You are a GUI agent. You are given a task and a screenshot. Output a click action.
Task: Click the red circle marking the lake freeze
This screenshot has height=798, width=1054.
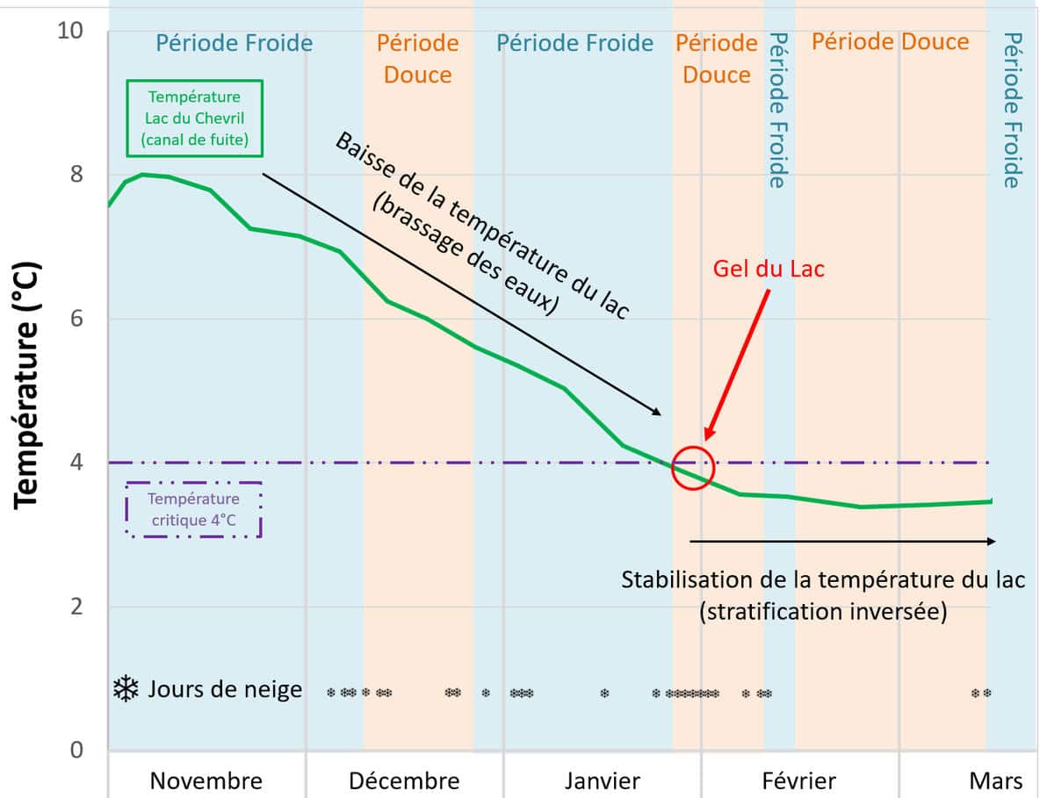pyautogui.click(x=693, y=467)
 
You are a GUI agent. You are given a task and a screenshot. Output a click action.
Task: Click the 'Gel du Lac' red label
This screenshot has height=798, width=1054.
pyautogui.click(x=769, y=268)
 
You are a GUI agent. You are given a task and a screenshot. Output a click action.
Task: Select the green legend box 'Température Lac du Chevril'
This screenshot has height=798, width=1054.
pyautogui.click(x=194, y=118)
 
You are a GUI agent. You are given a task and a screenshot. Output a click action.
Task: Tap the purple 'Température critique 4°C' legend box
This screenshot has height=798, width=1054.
pyautogui.click(x=194, y=510)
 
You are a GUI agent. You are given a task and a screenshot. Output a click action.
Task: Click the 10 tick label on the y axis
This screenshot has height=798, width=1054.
pyautogui.click(x=69, y=31)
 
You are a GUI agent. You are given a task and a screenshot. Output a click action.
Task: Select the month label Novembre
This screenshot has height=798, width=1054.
pyautogui.click(x=206, y=780)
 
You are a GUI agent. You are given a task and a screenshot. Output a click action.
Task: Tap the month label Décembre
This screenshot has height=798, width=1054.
pyautogui.click(x=404, y=780)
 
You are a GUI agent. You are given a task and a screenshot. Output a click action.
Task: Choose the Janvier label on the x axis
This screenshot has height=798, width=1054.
pyautogui.click(x=603, y=780)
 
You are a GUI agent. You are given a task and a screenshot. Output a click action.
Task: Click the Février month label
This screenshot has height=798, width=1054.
pyautogui.click(x=798, y=780)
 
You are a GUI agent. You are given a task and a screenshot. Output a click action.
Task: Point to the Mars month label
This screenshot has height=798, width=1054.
pyautogui.click(x=996, y=780)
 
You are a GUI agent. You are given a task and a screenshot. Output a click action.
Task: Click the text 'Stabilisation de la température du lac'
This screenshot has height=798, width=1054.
pyautogui.click(x=823, y=580)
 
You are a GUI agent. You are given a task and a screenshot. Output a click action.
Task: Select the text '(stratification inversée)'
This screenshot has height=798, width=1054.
pyautogui.click(x=823, y=612)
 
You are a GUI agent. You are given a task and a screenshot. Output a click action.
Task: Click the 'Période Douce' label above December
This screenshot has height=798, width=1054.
pyautogui.click(x=418, y=58)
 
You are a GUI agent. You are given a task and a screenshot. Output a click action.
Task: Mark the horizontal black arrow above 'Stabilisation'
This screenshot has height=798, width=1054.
pyautogui.click(x=843, y=542)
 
